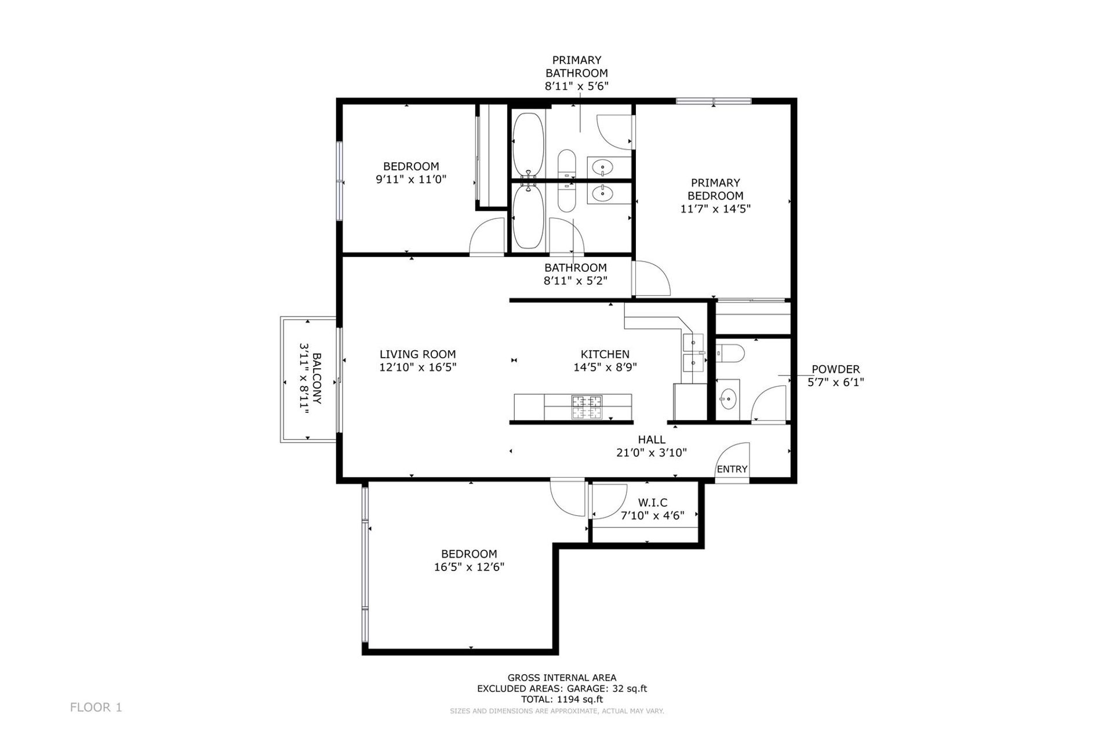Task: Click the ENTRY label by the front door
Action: click(x=732, y=469)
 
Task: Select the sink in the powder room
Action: click(x=728, y=398)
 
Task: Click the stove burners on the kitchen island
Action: click(x=587, y=406)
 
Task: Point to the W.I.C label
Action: click(x=653, y=503)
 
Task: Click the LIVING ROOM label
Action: click(x=417, y=354)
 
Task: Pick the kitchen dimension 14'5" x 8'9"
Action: click(x=605, y=367)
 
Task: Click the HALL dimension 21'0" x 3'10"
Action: click(x=652, y=452)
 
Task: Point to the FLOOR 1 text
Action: click(x=96, y=707)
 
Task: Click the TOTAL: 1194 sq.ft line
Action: click(x=562, y=699)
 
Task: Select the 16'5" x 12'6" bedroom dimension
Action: click(x=469, y=567)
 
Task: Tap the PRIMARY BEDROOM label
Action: click(x=715, y=190)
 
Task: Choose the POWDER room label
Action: click(x=835, y=369)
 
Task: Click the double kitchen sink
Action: click(x=693, y=352)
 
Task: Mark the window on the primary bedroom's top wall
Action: click(x=714, y=101)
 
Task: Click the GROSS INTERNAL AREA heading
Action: click(x=562, y=678)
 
